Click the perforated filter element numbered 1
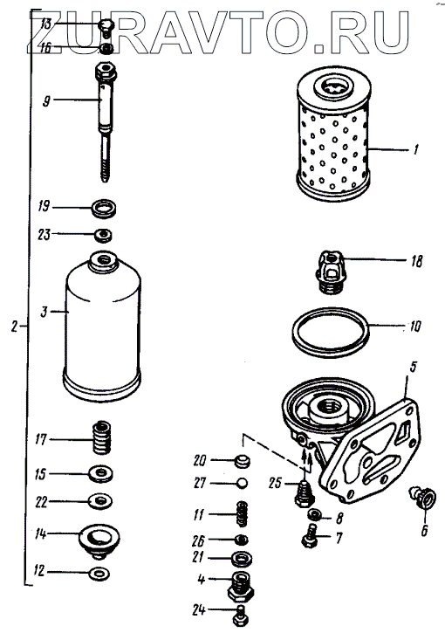[x=333, y=129]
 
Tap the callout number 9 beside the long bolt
[x=46, y=100]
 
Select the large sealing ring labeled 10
[x=332, y=331]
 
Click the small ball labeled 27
[x=242, y=483]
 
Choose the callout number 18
[x=417, y=262]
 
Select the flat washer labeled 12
[x=99, y=573]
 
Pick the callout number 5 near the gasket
[x=413, y=368]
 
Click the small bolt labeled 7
[x=310, y=536]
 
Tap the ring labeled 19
[x=105, y=209]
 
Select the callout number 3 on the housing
[x=44, y=312]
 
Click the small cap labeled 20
[x=242, y=461]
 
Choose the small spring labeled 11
[x=242, y=514]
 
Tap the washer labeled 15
[x=101, y=474]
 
